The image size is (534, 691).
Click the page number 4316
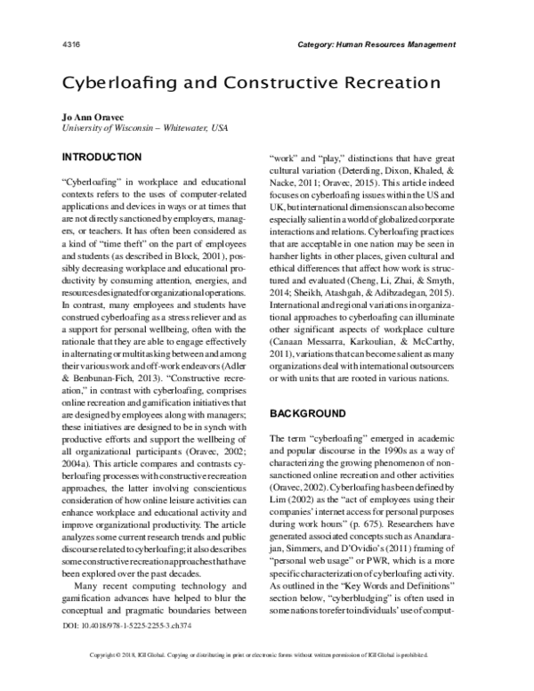pyautogui.click(x=74, y=44)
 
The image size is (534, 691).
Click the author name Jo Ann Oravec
pyautogui.click(x=94, y=117)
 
